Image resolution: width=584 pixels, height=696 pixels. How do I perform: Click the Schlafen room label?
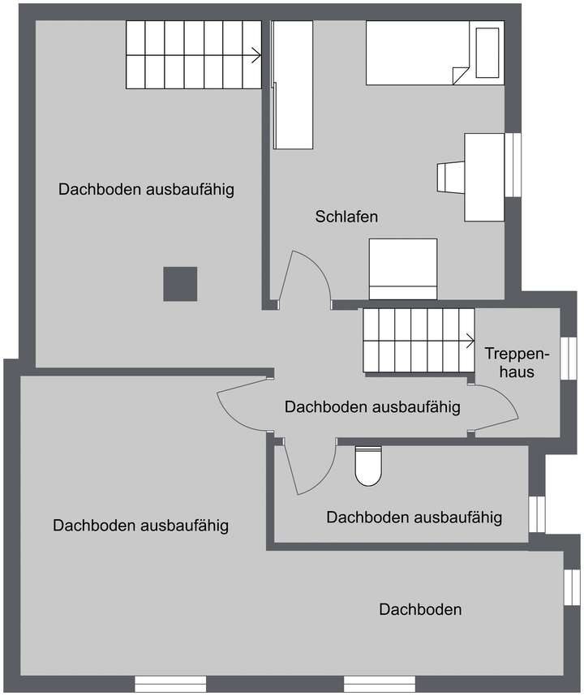(x=346, y=217)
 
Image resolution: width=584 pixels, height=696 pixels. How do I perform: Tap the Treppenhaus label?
(x=517, y=363)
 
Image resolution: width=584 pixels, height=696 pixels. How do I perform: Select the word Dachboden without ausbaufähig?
(x=420, y=609)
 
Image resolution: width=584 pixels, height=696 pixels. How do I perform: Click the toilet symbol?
(x=367, y=466)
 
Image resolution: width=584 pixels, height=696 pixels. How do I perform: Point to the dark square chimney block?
(x=180, y=284)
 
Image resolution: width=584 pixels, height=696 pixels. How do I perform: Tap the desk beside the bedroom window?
(x=483, y=177)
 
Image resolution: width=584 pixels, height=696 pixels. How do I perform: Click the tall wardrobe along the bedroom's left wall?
(x=292, y=85)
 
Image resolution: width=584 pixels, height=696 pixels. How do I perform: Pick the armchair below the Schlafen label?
(x=403, y=269)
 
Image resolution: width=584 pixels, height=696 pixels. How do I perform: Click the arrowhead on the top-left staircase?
(x=256, y=56)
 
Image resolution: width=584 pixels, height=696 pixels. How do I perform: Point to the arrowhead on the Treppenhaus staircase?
(x=470, y=341)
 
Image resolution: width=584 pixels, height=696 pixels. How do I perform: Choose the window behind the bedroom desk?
(x=513, y=165)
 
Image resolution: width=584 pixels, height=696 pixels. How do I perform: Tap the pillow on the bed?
(x=489, y=52)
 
